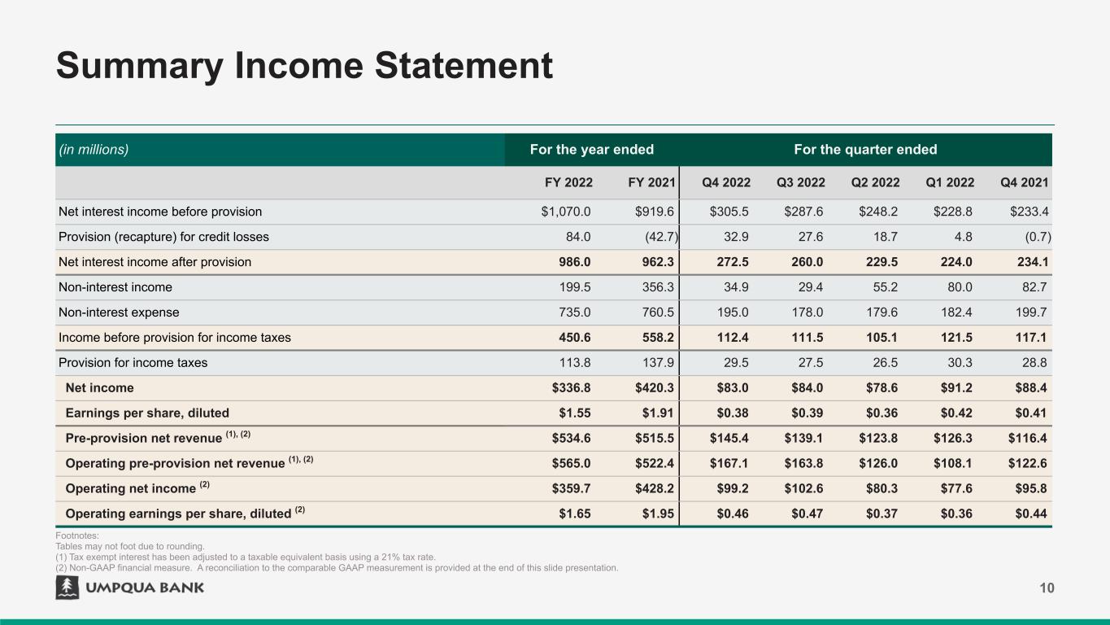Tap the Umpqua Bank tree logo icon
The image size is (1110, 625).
67,588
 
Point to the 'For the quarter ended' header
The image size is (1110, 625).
864,150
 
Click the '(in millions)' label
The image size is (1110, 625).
94,150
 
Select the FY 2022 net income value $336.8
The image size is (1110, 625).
571,388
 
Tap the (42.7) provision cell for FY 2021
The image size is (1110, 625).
657,237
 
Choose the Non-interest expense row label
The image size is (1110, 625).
119,312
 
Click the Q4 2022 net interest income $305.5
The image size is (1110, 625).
729,212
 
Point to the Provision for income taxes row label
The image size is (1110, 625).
133,363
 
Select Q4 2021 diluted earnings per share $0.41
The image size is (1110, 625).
1029,413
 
